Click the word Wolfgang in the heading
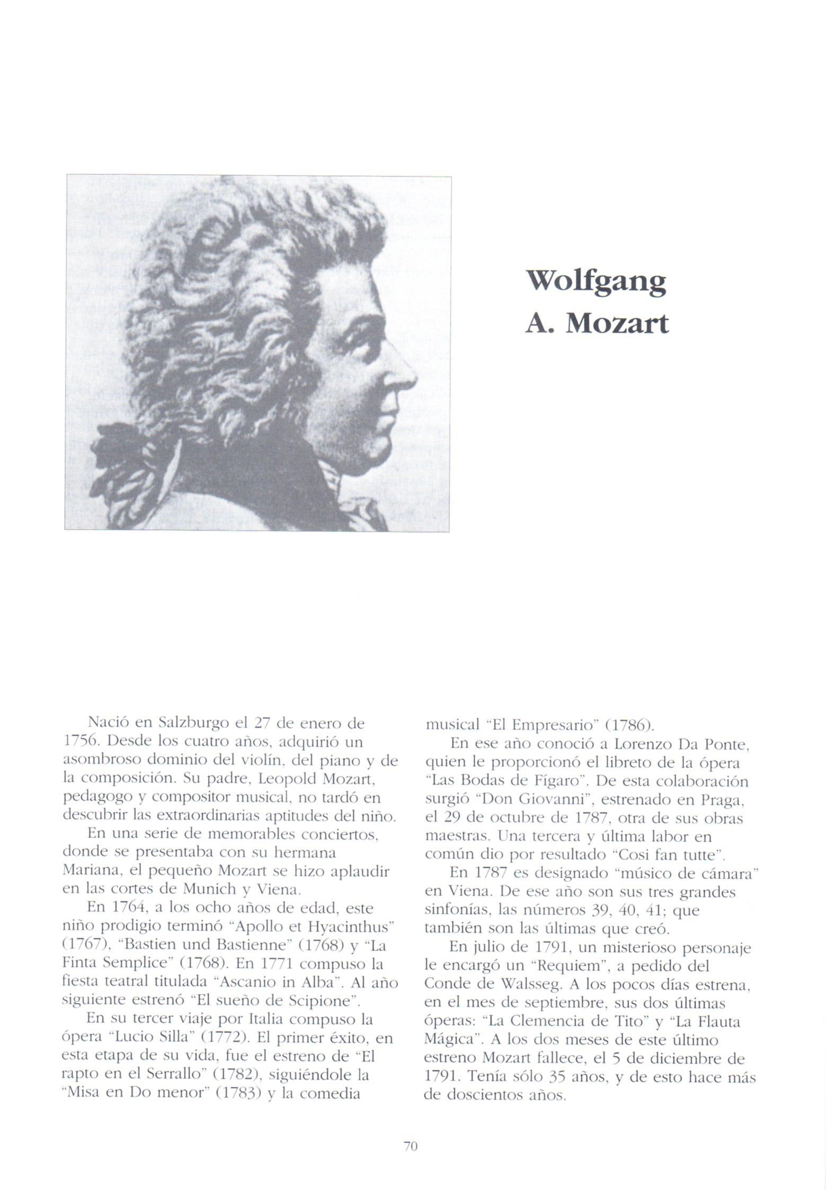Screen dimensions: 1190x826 tap(596, 283)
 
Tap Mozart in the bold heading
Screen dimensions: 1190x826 tap(617, 324)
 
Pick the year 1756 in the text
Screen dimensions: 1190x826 tap(78, 741)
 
